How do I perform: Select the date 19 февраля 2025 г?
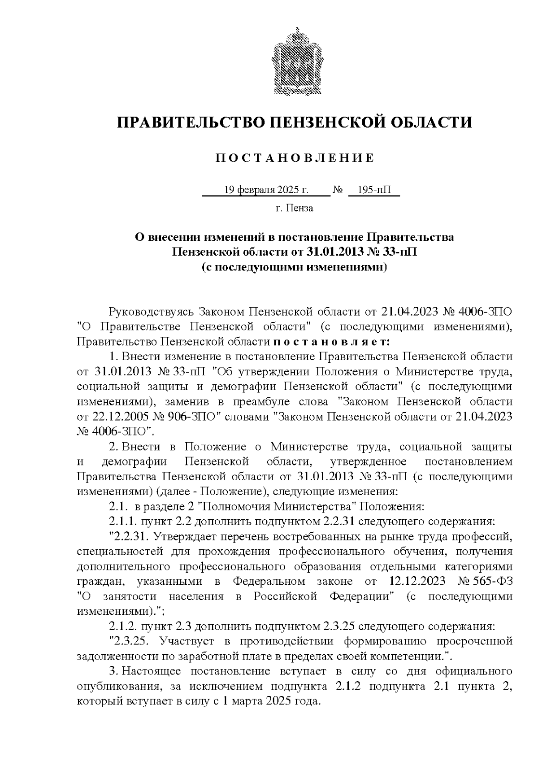point(266,190)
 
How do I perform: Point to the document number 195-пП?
point(374,190)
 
